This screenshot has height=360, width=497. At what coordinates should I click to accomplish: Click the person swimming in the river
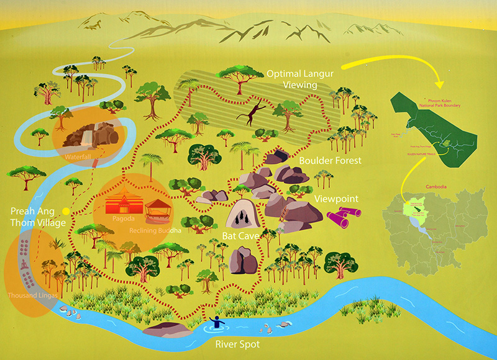217,322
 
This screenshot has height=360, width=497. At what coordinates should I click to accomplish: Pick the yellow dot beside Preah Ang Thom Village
65,211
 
